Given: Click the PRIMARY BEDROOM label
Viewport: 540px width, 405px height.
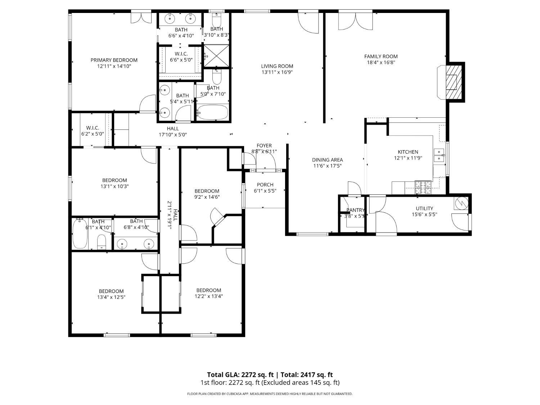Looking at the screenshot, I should [x=114, y=60].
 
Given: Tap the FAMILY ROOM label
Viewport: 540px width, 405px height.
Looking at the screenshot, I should [x=381, y=56].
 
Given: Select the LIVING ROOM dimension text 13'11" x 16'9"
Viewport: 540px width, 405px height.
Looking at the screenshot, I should [x=277, y=72].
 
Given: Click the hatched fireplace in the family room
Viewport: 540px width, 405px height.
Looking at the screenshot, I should [x=453, y=81].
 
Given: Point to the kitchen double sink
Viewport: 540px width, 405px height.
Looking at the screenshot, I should [x=439, y=155].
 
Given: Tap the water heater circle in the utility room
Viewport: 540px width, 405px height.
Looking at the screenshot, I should [x=461, y=204].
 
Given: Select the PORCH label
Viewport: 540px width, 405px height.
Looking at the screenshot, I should [x=265, y=185].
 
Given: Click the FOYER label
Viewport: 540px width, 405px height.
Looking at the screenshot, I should [x=264, y=145].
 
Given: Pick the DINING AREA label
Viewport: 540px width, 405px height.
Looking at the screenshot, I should [x=327, y=160].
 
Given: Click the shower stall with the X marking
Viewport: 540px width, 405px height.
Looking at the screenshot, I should [x=216, y=55].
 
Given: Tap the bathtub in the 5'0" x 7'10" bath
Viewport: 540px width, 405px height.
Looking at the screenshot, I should [x=213, y=112].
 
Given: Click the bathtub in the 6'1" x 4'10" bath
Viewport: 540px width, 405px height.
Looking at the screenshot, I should [x=80, y=234].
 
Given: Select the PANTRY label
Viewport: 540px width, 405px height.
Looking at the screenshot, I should [x=355, y=210].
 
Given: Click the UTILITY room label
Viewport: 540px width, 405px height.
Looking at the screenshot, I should [x=424, y=208].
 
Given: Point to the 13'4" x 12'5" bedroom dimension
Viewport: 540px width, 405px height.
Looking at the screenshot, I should [x=111, y=297].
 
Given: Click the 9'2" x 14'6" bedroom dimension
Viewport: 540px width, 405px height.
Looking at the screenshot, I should [x=207, y=197].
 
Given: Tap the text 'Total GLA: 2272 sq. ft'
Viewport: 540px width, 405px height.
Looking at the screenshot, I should [x=240, y=375].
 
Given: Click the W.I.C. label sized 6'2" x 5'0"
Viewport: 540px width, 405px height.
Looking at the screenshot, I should [x=93, y=128].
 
